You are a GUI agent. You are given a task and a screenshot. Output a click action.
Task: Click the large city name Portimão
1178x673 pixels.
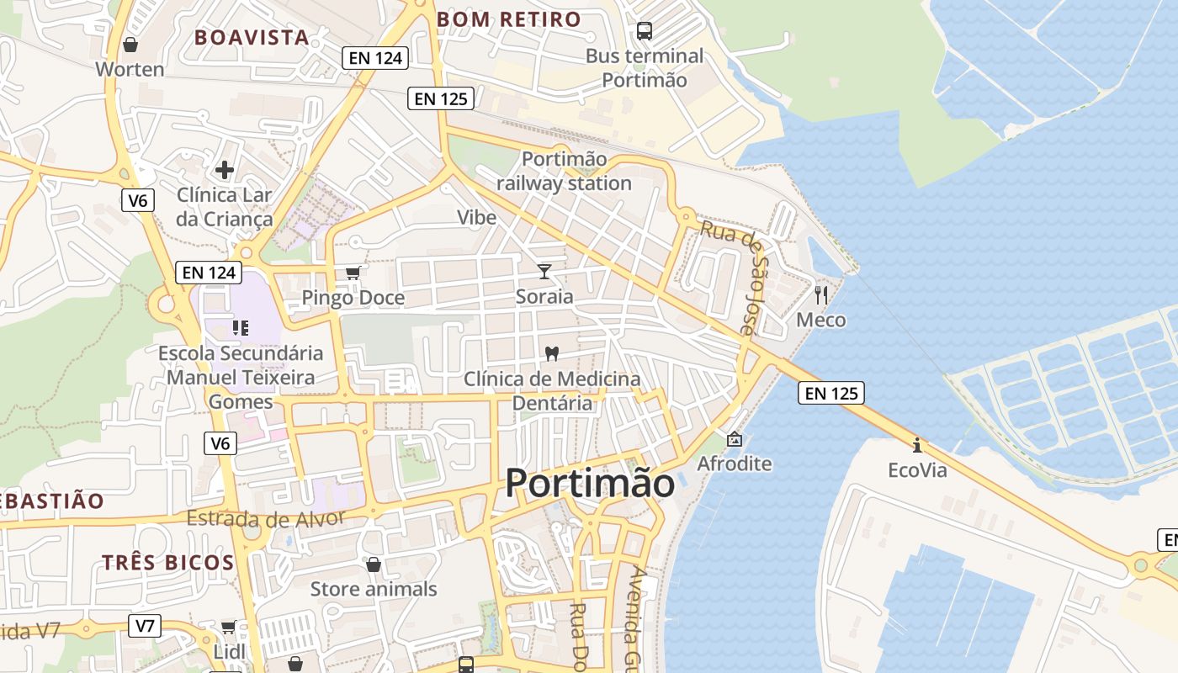(x=589, y=484)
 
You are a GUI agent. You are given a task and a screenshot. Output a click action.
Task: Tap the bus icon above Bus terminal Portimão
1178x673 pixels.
(x=645, y=31)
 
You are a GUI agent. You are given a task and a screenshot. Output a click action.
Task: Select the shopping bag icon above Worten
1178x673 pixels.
(x=130, y=44)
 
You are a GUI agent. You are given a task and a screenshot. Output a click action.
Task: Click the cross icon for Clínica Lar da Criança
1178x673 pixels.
(x=225, y=170)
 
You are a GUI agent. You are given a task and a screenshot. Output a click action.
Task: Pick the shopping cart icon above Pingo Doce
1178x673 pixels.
(x=353, y=273)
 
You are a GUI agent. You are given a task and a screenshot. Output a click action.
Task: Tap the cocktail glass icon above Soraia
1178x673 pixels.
(x=544, y=271)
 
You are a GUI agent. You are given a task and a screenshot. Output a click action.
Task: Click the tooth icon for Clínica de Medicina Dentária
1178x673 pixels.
(x=552, y=354)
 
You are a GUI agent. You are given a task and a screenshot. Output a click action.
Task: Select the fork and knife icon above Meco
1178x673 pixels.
(x=821, y=294)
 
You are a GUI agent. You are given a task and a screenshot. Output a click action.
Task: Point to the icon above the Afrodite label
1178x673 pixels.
(x=735, y=438)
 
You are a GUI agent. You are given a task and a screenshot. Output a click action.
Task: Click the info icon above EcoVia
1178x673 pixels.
(x=917, y=444)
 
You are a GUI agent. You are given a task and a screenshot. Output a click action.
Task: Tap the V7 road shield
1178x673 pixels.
(x=146, y=625)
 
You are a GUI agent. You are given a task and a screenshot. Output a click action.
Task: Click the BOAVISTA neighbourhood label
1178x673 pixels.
(x=252, y=37)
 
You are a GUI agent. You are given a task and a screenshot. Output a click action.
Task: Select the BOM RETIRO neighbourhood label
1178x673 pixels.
(x=509, y=19)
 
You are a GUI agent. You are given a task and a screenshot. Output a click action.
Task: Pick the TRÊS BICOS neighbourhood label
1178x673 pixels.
(x=167, y=562)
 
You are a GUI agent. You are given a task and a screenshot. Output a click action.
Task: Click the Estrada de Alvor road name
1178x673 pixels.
(x=266, y=517)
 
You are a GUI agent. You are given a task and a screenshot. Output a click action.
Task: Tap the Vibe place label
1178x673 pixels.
(x=476, y=217)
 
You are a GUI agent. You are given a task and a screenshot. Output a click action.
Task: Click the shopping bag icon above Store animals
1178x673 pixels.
(x=374, y=564)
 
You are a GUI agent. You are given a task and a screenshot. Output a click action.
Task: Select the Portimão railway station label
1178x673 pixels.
(x=564, y=171)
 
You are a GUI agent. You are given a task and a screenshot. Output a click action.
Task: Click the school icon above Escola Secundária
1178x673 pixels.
(x=241, y=327)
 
